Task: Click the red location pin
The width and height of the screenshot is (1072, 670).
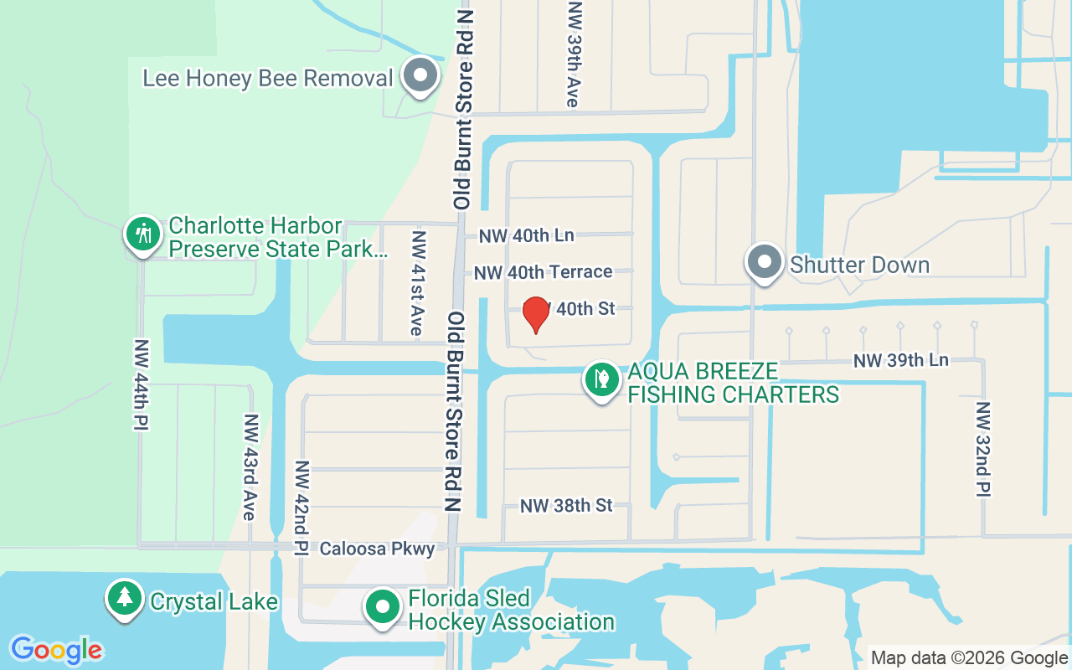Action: pos(535,314)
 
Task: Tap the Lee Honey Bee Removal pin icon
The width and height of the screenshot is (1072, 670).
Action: pos(420,76)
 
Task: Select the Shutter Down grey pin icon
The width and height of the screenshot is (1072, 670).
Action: pos(764,263)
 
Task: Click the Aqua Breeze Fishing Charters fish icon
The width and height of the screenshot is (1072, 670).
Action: pos(600,379)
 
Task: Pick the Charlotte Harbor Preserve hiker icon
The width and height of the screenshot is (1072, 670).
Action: pos(143,234)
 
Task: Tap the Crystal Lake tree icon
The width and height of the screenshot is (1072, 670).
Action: pos(125,598)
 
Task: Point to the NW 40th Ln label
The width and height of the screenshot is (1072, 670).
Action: pos(526,235)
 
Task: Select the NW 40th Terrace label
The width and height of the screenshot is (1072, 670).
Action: pos(543,272)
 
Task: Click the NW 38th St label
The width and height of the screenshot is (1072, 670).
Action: pos(566,506)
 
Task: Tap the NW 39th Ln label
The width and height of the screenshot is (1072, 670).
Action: pos(900,360)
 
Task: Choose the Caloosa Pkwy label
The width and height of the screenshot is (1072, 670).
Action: pos(377,549)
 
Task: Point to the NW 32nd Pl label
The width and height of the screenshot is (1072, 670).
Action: pos(982,449)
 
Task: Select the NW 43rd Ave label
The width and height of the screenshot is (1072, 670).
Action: pos(249,466)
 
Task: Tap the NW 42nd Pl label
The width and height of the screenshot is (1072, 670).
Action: pos(302,508)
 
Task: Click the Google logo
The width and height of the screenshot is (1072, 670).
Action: pos(56,649)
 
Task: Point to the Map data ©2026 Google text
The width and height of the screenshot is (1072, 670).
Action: pos(969,658)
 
